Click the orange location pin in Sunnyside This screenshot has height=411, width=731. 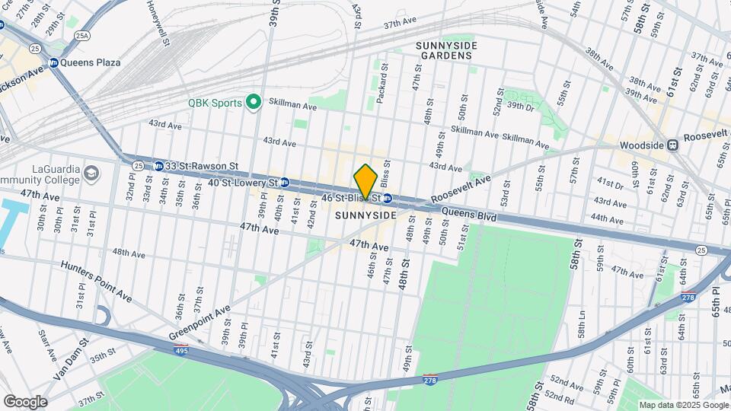pos(365,181)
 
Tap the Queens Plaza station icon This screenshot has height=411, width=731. pos(54,63)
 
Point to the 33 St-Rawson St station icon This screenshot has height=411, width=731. pos(158,165)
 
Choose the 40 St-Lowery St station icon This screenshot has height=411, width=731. pos(284,183)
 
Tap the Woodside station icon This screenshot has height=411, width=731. pos(672,145)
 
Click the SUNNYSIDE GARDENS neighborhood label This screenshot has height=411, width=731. pos(446,51)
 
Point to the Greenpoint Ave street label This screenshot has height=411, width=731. pos(200,322)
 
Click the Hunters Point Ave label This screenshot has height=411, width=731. pos(97,280)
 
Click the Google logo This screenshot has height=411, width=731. pos(25,401)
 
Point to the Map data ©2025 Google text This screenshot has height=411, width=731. pos(682,405)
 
